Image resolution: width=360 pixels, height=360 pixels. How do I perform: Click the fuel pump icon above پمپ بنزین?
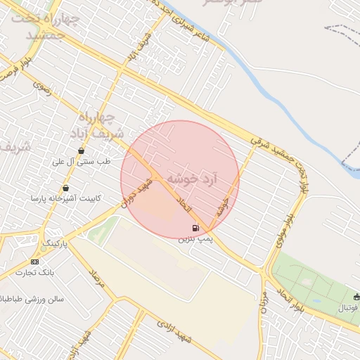click(195, 228)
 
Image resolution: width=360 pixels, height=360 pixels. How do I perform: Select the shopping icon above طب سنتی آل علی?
click(82, 150)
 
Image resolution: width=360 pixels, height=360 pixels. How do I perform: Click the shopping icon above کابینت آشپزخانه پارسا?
click(65, 188)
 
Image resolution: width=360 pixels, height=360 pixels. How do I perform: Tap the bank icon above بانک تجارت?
click(35, 262)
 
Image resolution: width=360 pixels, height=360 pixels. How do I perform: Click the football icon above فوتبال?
click(356, 297)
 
